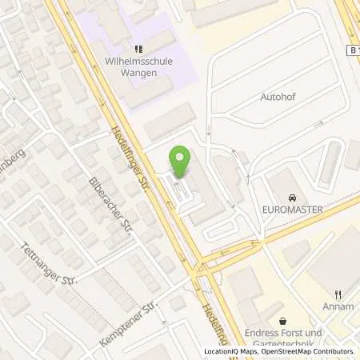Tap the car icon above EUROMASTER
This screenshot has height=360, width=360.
293,198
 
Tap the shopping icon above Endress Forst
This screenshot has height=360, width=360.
282,321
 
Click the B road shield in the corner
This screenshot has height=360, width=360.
352,50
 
